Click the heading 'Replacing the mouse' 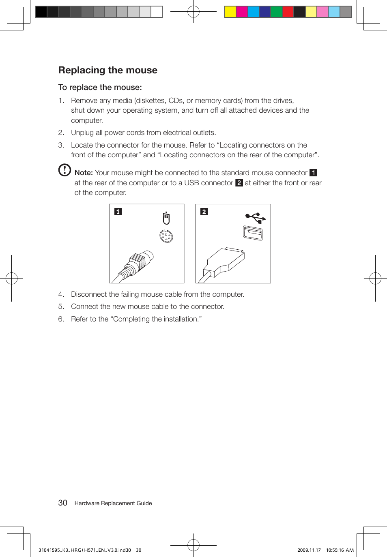(108, 70)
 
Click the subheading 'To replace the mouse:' (100, 87)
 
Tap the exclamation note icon (64, 170)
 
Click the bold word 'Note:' (84, 173)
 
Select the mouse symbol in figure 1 (166, 218)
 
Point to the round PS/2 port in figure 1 (166, 236)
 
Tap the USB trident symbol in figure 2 (255, 218)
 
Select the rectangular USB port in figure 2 (253, 233)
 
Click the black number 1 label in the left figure (118, 212)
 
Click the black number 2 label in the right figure (204, 212)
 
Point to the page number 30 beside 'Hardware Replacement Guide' (62, 503)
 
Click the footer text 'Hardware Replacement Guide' (113, 503)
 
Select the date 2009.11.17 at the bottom (309, 550)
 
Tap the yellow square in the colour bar (230, 12)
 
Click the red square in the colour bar (288, 12)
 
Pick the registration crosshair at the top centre (193, 12)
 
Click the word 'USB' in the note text (191, 183)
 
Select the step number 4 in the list (61, 294)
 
